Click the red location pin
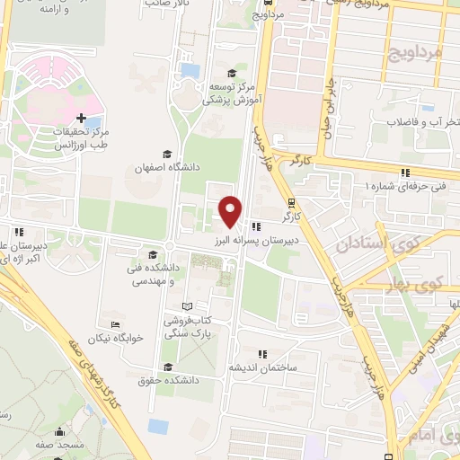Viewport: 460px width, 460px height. [x=231, y=210]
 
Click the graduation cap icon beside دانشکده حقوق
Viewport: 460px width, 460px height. [x=168, y=366]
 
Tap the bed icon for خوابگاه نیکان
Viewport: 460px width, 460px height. [x=114, y=324]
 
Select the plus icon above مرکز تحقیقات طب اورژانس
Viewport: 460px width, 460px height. [x=82, y=118]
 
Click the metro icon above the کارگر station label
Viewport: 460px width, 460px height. [x=290, y=202]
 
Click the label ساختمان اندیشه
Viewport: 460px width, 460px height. [x=261, y=367]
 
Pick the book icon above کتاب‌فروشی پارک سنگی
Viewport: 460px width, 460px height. [x=186, y=306]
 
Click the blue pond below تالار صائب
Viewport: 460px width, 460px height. [x=190, y=69]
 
